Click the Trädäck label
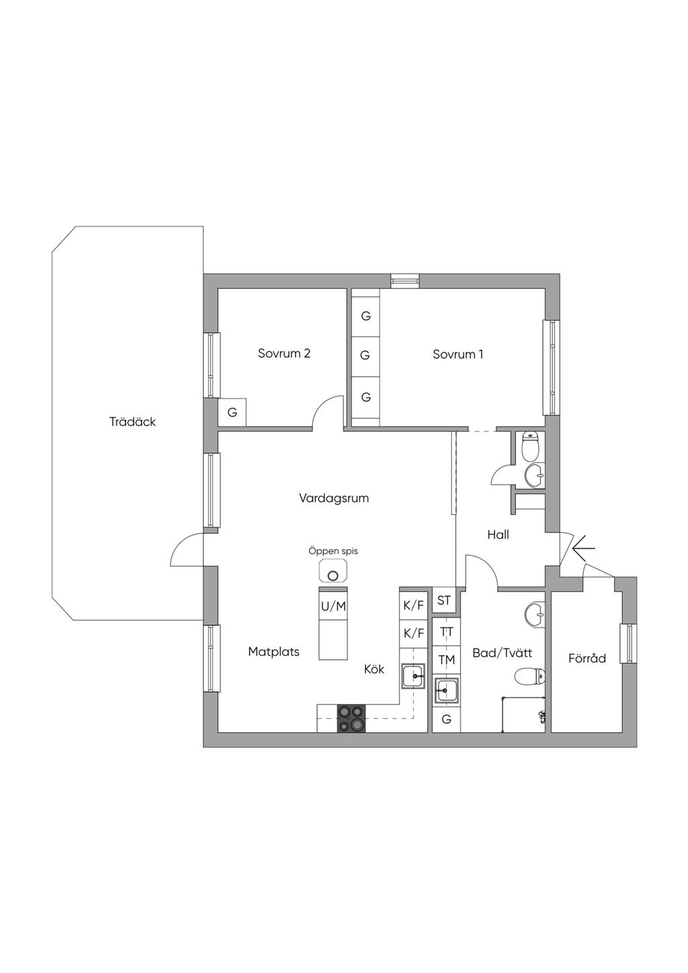tap(132, 422)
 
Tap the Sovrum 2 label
tap(284, 353)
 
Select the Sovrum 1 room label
tap(458, 354)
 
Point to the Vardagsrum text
tap(334, 498)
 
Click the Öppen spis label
tap(333, 551)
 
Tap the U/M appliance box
tap(333, 606)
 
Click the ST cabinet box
tap(444, 600)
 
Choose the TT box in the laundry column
tap(447, 632)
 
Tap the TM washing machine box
tap(447, 661)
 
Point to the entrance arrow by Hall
tap(584, 549)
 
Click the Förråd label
tap(587, 659)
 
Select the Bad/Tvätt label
tap(502, 652)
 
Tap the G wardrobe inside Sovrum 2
tap(232, 412)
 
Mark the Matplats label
tap(274, 652)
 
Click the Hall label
tap(498, 535)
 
